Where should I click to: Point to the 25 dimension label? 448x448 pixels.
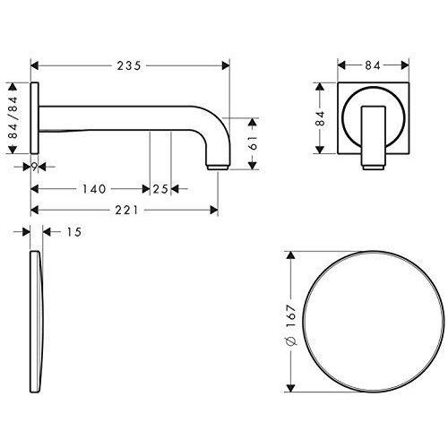160,189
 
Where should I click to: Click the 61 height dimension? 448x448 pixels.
254,141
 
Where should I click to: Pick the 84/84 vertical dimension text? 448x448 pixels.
13,116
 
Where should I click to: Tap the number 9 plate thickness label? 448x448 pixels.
33,165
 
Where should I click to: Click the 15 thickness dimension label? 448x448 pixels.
73,233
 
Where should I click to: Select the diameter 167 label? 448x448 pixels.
289,323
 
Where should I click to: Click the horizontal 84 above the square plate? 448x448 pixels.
374,64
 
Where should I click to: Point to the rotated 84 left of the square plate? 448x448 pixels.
320,117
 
